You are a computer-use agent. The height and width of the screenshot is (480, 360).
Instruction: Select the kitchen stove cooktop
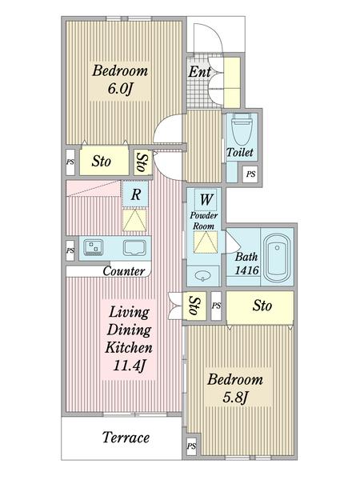[x=94, y=247]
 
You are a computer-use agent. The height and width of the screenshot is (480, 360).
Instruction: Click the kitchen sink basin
[x=134, y=247]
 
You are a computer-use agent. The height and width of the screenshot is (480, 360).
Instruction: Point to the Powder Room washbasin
[x=203, y=275]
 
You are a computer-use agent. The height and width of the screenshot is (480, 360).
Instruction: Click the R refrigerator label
[x=136, y=194]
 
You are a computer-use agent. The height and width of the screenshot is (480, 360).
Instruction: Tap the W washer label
[x=206, y=199]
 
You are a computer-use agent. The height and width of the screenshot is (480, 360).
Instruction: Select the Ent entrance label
[x=199, y=72]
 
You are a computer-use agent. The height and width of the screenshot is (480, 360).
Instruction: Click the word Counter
[x=124, y=271]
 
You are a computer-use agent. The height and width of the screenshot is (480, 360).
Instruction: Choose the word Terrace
[x=126, y=437]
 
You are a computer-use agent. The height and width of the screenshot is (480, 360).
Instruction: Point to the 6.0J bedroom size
[x=120, y=89]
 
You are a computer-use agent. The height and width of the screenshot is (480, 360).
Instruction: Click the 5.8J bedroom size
[x=234, y=397]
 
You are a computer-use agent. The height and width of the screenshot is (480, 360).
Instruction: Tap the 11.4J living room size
[x=129, y=366]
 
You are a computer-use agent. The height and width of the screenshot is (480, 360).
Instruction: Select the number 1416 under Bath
[x=246, y=270]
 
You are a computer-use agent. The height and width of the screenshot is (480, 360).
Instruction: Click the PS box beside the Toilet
[x=250, y=174]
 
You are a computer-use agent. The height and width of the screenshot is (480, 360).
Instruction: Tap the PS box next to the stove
[x=70, y=250]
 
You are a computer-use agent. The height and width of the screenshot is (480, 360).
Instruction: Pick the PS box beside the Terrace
[x=191, y=446]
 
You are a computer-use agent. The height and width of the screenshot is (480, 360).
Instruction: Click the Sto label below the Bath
[x=262, y=306]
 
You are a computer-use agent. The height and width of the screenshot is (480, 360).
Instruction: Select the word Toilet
[x=240, y=152]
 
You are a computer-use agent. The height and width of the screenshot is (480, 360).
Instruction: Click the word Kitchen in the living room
[x=129, y=347]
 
